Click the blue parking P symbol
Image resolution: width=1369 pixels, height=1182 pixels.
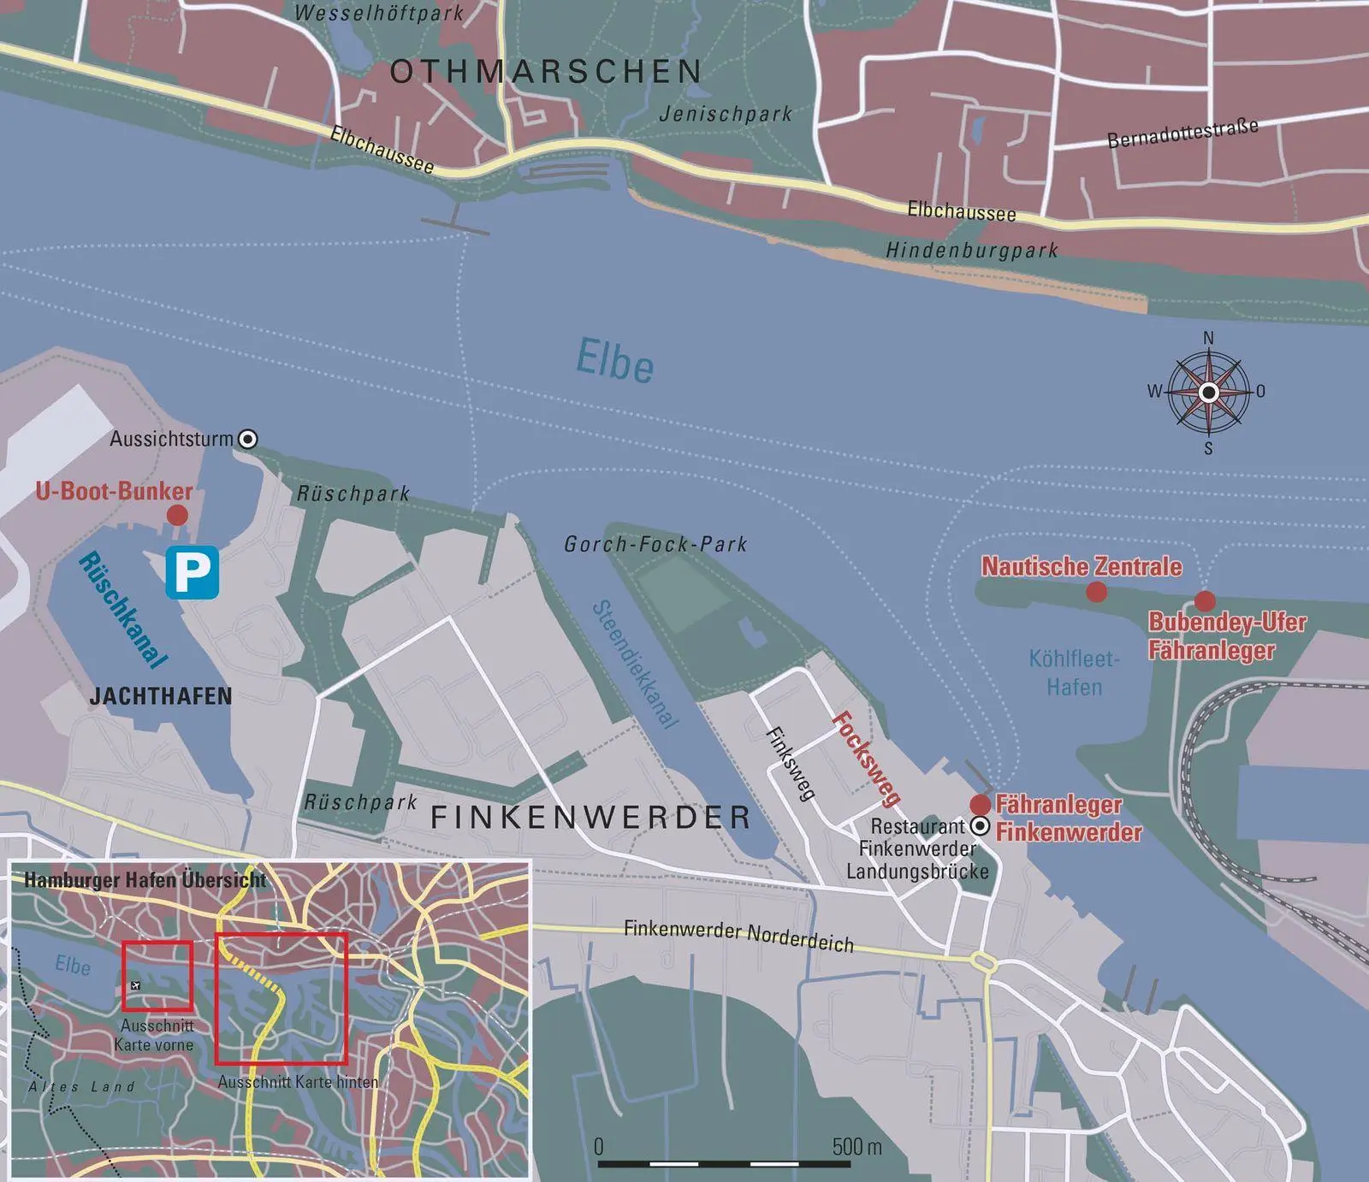[193, 572]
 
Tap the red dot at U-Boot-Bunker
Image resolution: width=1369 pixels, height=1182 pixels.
[177, 515]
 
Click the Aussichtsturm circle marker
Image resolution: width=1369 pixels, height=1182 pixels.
[248, 440]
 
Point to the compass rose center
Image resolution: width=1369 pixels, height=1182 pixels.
[1208, 393]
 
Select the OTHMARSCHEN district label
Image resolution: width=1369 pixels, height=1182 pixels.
[546, 72]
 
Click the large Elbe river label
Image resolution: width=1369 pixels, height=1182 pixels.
[615, 360]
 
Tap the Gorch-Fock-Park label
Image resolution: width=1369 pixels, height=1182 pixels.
[655, 544]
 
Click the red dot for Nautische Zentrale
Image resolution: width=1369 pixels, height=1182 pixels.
[1096, 592]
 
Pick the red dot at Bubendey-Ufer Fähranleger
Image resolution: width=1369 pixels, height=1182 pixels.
[1205, 600]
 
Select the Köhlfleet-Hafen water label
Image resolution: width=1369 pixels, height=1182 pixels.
[1074, 673]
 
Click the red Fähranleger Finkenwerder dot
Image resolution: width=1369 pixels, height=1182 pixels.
[981, 804]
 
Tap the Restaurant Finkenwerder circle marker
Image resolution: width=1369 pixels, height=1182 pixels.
[981, 826]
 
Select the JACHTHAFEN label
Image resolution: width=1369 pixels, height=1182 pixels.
[161, 696]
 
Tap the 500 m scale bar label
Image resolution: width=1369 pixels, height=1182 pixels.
[856, 1146]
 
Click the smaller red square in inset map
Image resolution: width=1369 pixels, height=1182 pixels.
[157, 976]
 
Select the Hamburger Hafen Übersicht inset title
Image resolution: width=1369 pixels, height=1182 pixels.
[145, 880]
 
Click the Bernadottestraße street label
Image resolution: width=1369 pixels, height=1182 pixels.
[1182, 133]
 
